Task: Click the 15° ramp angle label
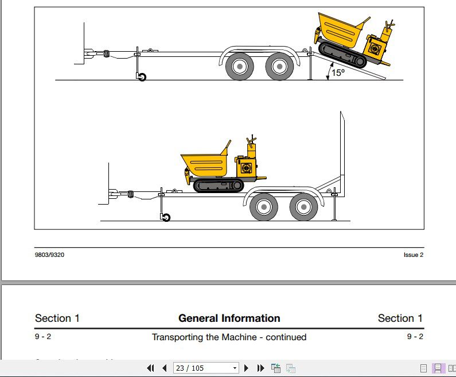click(338, 72)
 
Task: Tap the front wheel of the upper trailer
click(240, 66)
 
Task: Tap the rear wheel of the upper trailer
click(279, 66)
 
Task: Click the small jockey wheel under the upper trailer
click(141, 77)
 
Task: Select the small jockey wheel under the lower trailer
click(166, 217)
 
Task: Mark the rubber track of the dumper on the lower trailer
click(218, 185)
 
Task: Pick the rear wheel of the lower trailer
click(303, 207)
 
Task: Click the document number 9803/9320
click(49, 255)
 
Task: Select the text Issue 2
click(413, 255)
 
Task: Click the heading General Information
click(229, 318)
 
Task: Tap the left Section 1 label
click(57, 318)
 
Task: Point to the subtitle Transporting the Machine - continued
click(229, 337)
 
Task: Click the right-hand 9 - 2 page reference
click(415, 337)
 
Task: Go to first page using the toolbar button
click(151, 368)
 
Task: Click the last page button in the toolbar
click(260, 368)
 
